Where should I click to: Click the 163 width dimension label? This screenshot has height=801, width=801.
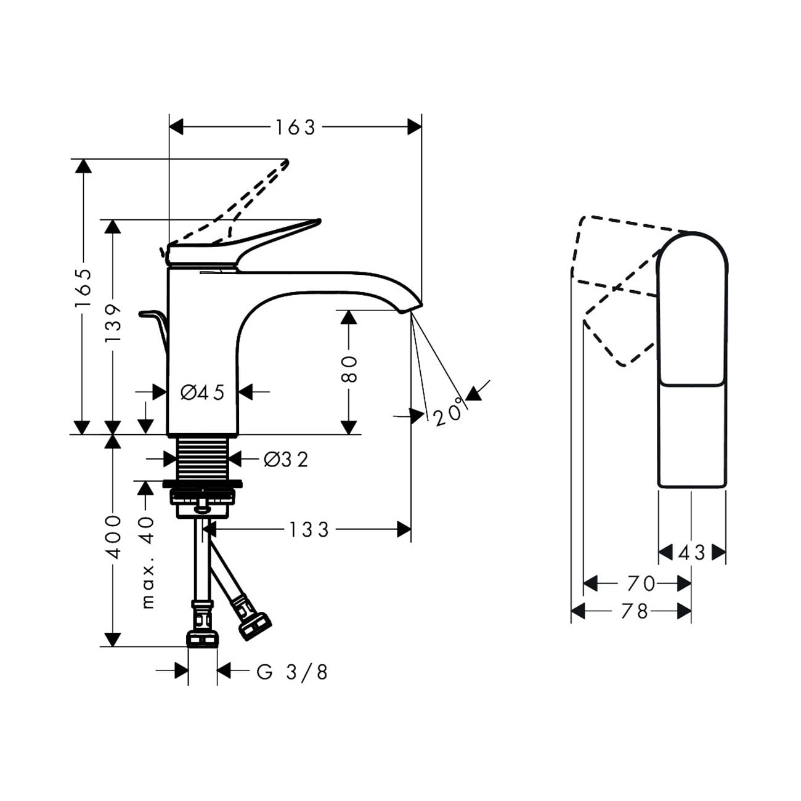tap(296, 128)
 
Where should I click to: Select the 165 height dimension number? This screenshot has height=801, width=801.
tap(83, 288)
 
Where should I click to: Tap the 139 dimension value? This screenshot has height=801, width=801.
tap(113, 323)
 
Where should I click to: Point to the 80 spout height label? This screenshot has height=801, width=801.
tap(349, 368)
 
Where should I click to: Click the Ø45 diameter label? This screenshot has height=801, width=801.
tap(203, 392)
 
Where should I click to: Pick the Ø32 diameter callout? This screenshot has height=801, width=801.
tap(287, 459)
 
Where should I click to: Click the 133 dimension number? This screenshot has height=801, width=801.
tap(309, 529)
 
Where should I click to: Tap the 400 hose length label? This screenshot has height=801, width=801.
tap(113, 537)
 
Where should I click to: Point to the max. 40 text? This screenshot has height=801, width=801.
tap(147, 563)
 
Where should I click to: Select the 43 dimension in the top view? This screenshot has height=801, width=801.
tap(692, 553)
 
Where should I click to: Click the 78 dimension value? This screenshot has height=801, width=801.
tap(635, 611)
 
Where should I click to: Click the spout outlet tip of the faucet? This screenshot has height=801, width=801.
tap(412, 307)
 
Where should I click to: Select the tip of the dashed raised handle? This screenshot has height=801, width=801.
tap(287, 162)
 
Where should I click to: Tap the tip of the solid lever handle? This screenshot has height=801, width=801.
tap(319, 221)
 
